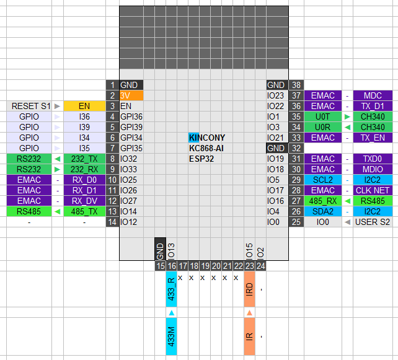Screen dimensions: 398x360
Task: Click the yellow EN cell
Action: pos(84,106)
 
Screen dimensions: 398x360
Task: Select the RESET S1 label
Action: pos(31,106)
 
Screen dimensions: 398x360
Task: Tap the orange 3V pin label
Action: pos(131,95)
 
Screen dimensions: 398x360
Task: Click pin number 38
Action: pos(296,85)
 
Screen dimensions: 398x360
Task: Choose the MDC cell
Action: pos(373,95)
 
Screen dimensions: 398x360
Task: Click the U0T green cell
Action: pos(323,116)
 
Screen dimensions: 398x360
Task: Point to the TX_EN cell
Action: pos(373,138)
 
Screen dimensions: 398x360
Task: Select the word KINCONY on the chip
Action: pos(207,138)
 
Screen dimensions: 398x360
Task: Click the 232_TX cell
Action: pos(84,159)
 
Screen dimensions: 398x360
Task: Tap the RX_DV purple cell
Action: pos(84,201)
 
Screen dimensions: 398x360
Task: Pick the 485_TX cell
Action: pos(84,211)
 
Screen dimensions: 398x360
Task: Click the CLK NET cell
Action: pos(373,190)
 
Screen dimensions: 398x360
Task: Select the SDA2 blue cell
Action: pos(323,211)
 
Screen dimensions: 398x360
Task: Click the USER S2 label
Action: pos(373,222)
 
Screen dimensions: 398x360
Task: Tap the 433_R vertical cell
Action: pos(171,289)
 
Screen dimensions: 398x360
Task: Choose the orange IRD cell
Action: pos(249,289)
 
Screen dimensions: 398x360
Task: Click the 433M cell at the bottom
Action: pos(171,336)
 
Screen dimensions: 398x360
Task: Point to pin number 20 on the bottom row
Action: pos(216,266)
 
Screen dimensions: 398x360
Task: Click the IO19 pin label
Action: pos(275,159)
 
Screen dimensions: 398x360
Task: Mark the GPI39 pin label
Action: pos(131,127)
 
